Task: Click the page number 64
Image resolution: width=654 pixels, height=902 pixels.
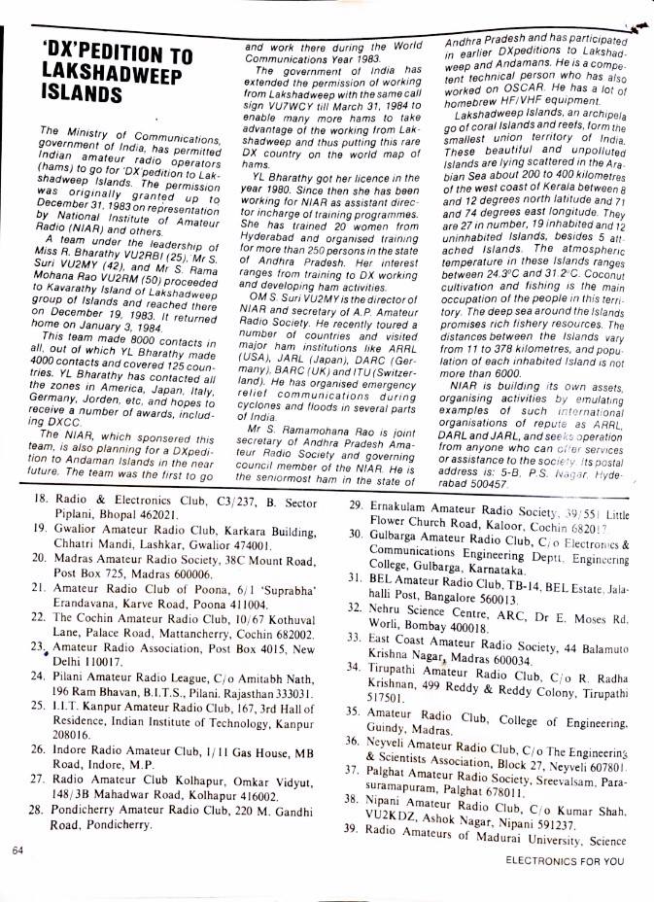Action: pyautogui.click(x=18, y=850)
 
